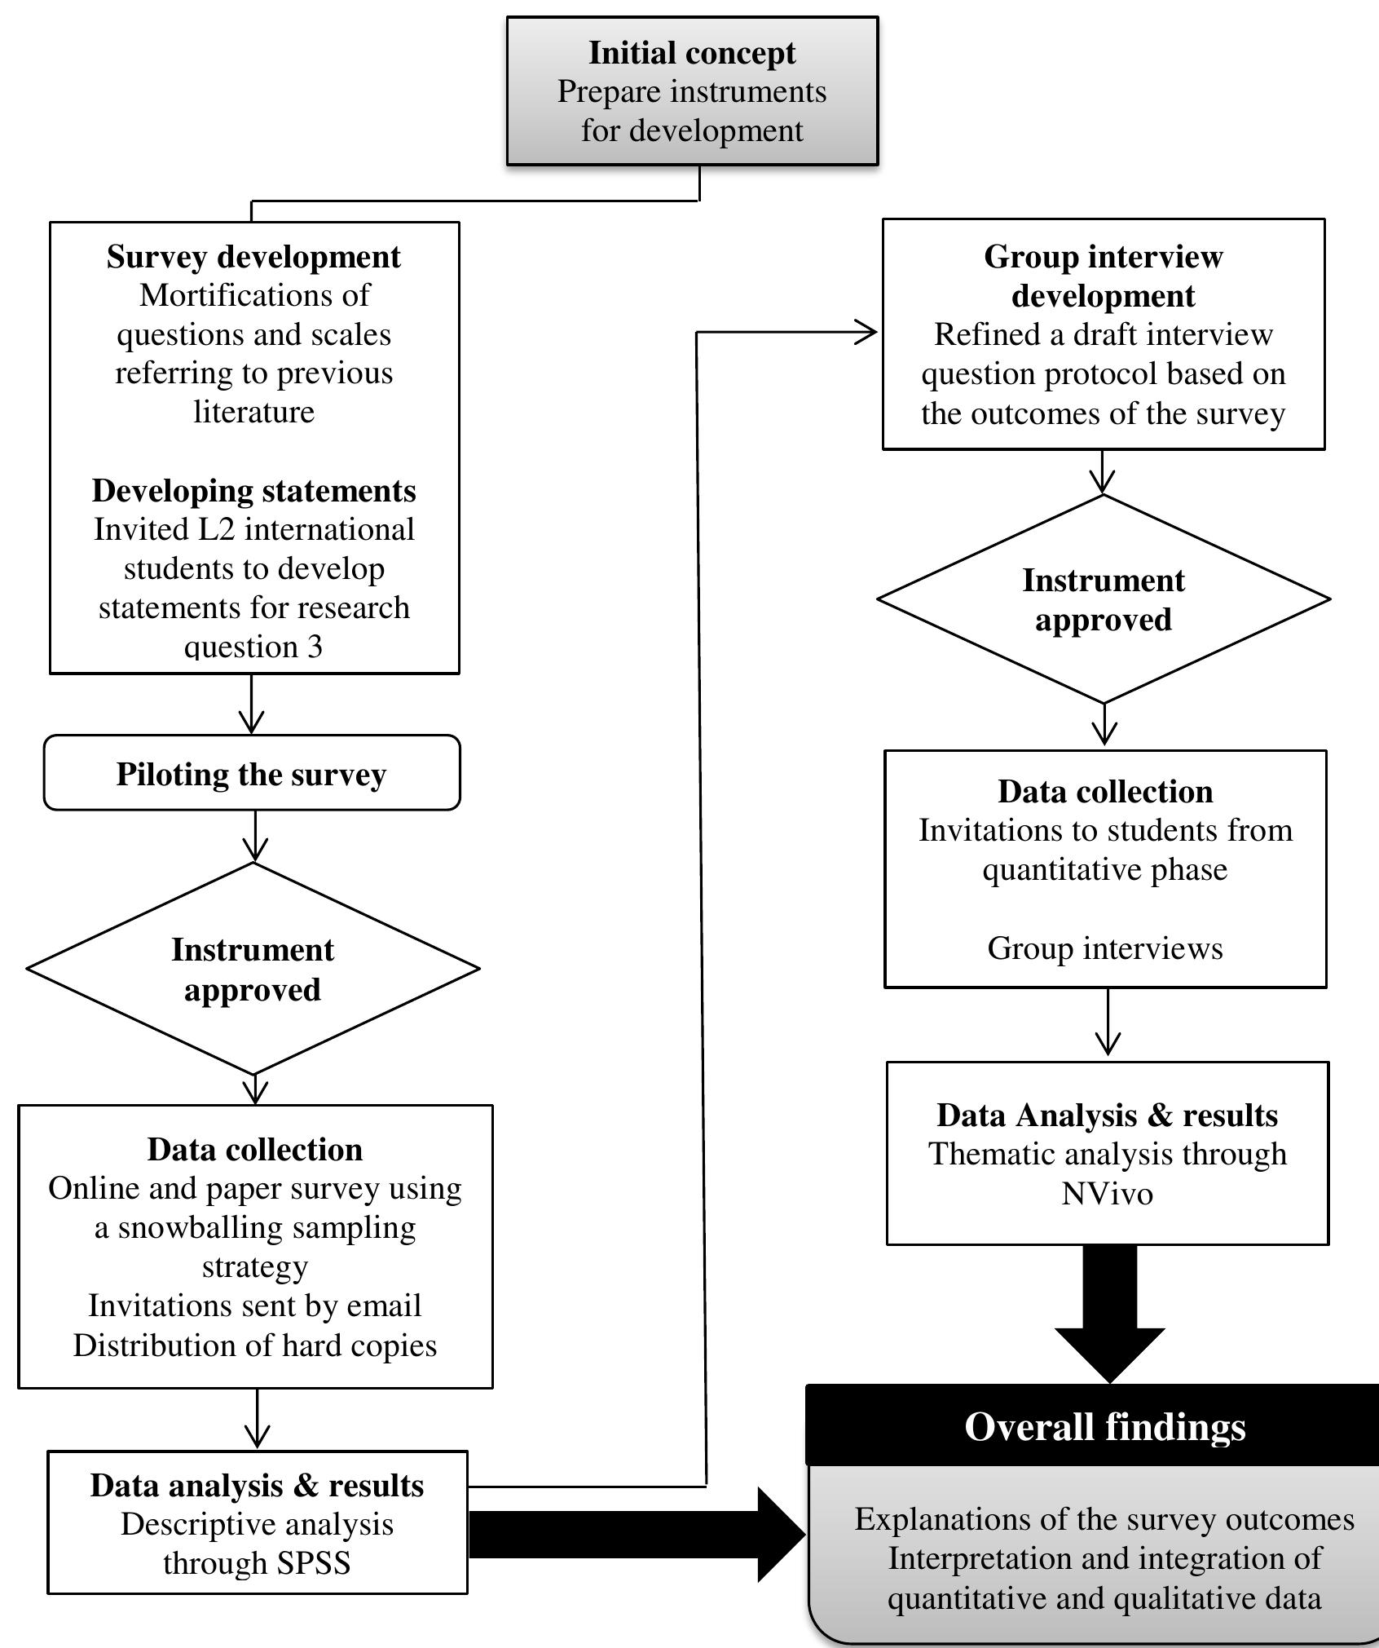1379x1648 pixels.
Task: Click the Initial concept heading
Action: [692, 53]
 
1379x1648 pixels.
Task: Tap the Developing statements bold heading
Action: [253, 491]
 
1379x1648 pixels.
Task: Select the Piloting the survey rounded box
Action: [251, 774]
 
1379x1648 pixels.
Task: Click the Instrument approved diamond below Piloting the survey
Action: [253, 970]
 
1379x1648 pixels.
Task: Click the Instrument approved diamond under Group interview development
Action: [1103, 600]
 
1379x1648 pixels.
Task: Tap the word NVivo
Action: [1107, 1194]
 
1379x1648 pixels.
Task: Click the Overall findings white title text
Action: [1104, 1427]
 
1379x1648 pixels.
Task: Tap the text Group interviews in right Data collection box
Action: [1104, 948]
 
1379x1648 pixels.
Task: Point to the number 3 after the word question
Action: [315, 647]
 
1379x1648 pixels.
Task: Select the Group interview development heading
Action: [1103, 276]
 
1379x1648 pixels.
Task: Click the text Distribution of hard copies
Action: [254, 1345]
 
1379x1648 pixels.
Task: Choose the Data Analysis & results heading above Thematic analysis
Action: [1107, 1116]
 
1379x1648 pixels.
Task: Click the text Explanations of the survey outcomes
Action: [1104, 1519]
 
